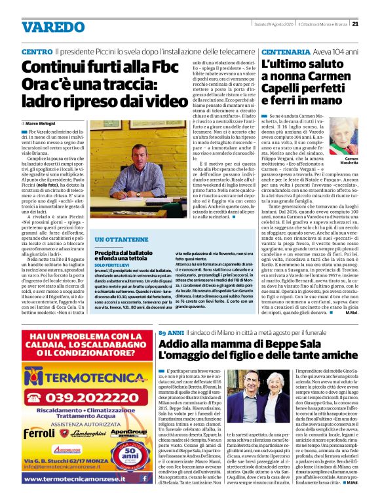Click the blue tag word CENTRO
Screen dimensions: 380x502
click(37, 51)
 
